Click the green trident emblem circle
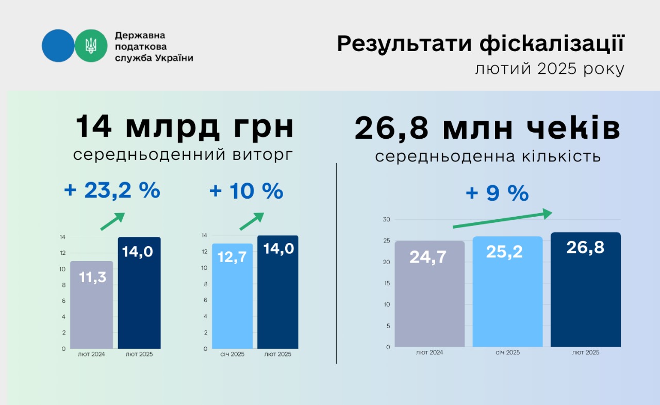point(91,46)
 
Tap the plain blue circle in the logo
point(58,46)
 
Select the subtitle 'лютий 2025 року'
point(550,69)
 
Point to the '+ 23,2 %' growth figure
point(112,190)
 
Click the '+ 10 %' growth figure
point(246,191)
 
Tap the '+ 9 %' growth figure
point(497,193)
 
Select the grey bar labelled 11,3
point(91,305)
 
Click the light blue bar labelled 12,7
point(232,296)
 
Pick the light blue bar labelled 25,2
point(507,291)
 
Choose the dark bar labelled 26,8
point(585,289)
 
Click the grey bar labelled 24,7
point(430,294)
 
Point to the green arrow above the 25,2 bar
point(502,219)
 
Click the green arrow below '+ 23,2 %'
point(112,221)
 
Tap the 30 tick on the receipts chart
point(386,219)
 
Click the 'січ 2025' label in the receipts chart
point(508,352)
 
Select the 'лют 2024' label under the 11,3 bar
point(91,354)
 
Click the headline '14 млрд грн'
point(185,127)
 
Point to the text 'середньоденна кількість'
point(488,156)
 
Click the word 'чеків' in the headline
point(573,127)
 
